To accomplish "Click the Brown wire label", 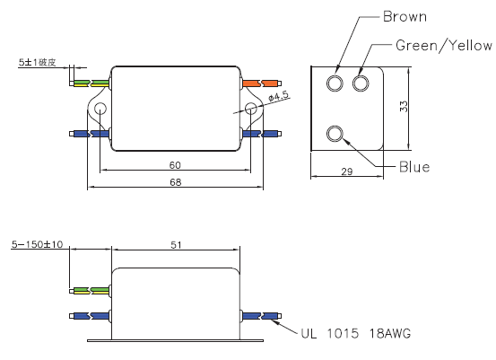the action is tap(405, 17).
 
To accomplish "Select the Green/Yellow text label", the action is tap(444, 46).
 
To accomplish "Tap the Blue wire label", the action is tap(414, 167).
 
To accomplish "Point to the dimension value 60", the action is tap(175, 165).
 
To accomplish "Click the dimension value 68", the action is tap(176, 182).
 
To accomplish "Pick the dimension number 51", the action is tap(176, 245).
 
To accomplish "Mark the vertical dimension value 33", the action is tap(404, 106).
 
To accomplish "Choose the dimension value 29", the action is tap(347, 171).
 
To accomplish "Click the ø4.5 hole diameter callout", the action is tap(279, 96).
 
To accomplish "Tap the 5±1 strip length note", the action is tap(38, 62).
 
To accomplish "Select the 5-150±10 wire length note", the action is tap(38, 244).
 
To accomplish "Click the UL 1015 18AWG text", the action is tap(355, 333).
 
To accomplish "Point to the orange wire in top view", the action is tap(262, 83).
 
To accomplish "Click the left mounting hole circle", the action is tap(100, 109).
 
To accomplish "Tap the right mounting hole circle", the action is tap(251, 109).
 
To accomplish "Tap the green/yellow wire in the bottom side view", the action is tap(90, 290).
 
